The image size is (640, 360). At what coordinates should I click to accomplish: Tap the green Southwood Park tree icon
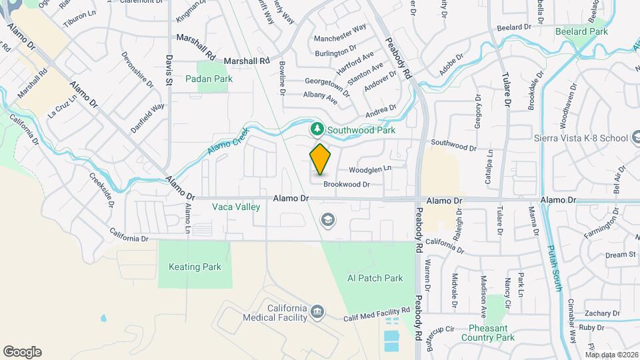point(319,129)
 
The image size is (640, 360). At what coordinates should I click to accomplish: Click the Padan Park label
point(215,79)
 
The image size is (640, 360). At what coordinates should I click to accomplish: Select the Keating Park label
point(194,267)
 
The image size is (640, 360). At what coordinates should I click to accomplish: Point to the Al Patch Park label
point(375,278)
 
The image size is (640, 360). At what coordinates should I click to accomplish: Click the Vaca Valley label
point(235,207)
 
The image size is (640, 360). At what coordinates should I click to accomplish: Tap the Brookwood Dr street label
point(346,184)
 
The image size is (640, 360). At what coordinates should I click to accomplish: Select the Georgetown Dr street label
point(327,85)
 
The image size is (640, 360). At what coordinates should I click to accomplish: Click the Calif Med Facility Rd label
point(376,315)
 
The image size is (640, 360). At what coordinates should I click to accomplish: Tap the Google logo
point(22,352)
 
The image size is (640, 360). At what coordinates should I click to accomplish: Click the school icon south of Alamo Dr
point(327,219)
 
